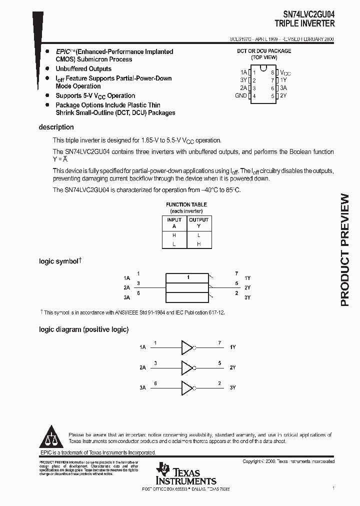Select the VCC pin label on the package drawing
pos(285,72)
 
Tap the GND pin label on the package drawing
pos(241,95)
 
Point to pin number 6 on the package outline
pos(273,88)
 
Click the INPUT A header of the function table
pos(174,223)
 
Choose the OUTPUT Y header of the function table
pos(198,223)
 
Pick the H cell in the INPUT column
pos(174,235)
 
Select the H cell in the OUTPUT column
pos(198,244)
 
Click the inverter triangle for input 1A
pos(186,347)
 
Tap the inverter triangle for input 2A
pos(186,367)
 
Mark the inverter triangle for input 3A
pos(186,387)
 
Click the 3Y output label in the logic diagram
pos(232,387)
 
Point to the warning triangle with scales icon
pos(51,437)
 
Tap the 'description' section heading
pos(56,127)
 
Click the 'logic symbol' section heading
pos(59,261)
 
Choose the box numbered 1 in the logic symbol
pos(188,277)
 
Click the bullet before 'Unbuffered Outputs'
pos(47,68)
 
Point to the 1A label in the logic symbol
pos(126,277)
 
